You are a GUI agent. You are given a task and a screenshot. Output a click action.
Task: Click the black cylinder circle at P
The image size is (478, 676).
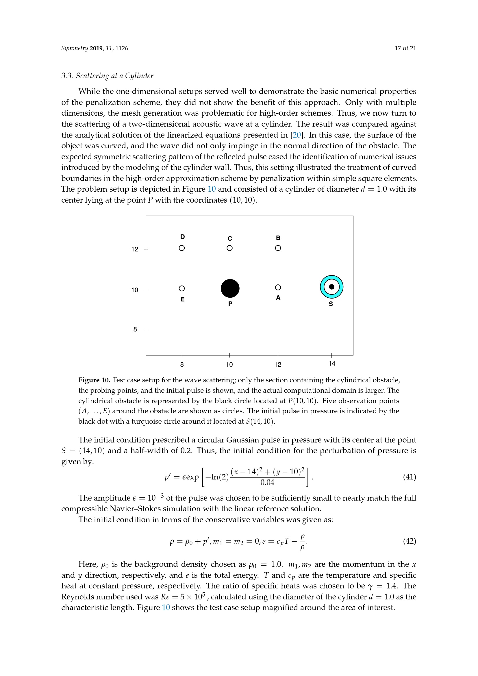[x=230, y=288]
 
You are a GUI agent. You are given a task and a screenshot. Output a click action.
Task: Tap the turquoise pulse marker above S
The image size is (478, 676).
[x=331, y=287]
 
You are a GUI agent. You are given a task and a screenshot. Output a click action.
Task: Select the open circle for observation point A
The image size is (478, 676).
[x=278, y=287]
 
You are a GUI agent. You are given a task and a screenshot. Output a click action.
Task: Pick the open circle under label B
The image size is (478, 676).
[x=278, y=248]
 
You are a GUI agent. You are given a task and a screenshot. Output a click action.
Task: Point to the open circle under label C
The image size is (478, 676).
[x=229, y=248]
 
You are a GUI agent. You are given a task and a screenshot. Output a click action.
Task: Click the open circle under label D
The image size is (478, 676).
[x=182, y=248]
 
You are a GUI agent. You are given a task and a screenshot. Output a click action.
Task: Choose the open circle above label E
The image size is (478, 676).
[x=182, y=288]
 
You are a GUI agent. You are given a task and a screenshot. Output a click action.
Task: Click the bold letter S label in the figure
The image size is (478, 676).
[x=331, y=304]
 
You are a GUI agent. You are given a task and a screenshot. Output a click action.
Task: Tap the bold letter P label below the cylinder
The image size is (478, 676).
[x=230, y=304]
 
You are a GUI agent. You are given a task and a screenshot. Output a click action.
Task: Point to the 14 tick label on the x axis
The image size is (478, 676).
[x=332, y=364]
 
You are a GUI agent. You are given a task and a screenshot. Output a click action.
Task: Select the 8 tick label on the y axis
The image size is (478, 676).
[x=135, y=329]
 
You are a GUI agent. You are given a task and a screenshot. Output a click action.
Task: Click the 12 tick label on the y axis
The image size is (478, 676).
[x=134, y=249]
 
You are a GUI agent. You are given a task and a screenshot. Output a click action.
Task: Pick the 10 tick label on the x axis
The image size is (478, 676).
[x=229, y=365]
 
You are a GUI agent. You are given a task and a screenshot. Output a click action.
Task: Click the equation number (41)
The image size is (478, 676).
[x=410, y=477]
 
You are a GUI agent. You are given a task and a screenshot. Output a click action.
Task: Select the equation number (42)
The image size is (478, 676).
[x=410, y=541]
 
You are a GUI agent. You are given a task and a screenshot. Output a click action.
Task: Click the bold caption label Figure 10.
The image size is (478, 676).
[x=94, y=380]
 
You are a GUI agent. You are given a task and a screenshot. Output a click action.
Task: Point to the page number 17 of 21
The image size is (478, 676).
[x=405, y=48]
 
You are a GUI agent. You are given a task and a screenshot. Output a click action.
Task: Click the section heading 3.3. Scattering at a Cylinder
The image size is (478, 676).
[x=107, y=76]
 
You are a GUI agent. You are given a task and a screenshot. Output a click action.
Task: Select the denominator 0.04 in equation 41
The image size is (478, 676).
[x=267, y=483]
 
